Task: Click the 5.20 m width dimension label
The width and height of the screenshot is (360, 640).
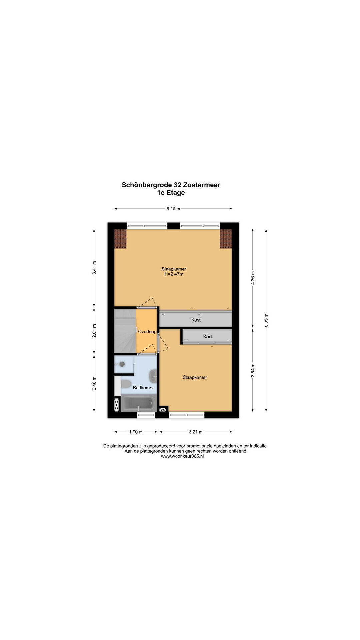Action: click(x=173, y=209)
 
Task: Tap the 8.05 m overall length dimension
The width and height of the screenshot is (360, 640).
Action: click(x=266, y=320)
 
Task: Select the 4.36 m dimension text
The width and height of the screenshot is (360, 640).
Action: click(x=253, y=278)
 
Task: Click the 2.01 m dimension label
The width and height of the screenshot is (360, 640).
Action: click(x=94, y=331)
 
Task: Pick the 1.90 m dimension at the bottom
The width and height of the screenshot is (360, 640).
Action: click(x=136, y=432)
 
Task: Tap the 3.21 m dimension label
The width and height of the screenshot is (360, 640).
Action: click(x=196, y=432)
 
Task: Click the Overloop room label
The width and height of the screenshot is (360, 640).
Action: click(x=147, y=332)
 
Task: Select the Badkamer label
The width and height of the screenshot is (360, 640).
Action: click(x=143, y=388)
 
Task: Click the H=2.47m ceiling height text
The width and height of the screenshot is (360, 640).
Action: click(x=174, y=274)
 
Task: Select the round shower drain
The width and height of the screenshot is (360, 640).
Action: click(x=122, y=364)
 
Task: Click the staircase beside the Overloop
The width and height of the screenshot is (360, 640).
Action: click(x=125, y=331)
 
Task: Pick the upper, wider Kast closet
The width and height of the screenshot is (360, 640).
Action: click(x=196, y=320)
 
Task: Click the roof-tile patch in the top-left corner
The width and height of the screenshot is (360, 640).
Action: click(x=120, y=239)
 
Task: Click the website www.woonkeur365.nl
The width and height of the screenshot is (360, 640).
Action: click(x=182, y=456)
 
